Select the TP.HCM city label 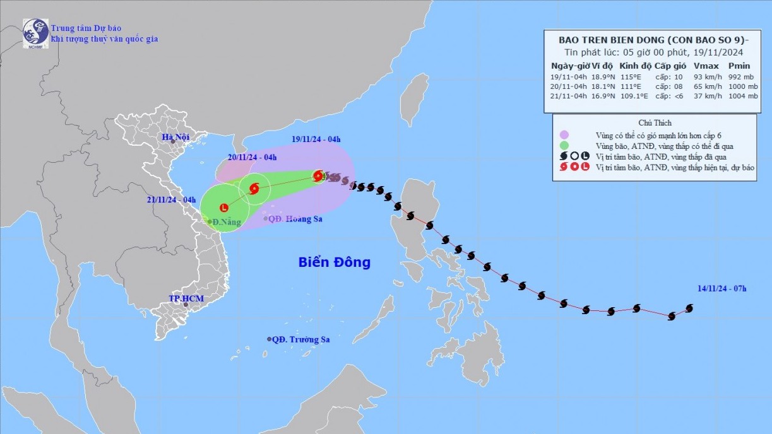pos(183,297)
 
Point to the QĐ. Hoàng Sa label pos(291,219)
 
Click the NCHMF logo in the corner pos(35,33)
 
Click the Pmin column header pos(739,66)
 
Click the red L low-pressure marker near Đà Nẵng pos(224,208)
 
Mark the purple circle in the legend pos(565,135)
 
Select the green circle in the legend pos(565,146)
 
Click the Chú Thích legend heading pos(655,123)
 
